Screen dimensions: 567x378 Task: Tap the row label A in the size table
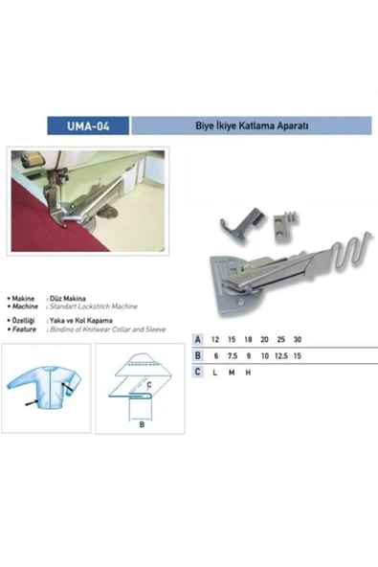point(197,340)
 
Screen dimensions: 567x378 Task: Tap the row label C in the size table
point(197,371)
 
